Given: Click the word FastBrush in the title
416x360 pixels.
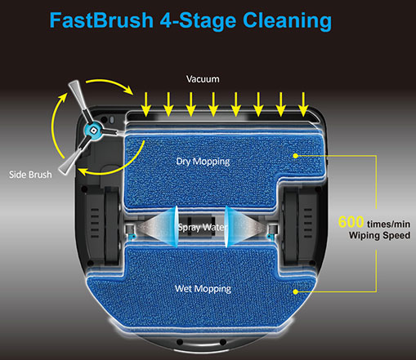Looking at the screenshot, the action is point(101,20).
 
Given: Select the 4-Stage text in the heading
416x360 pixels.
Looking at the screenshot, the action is point(198,21).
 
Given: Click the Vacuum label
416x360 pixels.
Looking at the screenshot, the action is point(203,79).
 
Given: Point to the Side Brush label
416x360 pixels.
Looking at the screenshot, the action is point(30,175).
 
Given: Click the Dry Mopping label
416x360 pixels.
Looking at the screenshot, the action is point(203,162).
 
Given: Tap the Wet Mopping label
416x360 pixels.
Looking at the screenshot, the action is point(203,289).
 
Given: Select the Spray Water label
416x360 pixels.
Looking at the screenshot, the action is point(202,227).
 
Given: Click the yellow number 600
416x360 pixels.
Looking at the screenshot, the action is point(351,222).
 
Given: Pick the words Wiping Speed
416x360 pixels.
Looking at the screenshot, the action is point(379,235).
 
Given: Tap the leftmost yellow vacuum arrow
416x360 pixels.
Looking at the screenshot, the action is point(146,104).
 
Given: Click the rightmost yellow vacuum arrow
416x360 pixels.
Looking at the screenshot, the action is point(303,104).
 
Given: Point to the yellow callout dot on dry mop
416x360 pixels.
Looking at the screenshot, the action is point(296,156).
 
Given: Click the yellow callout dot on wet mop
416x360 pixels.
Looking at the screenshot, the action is point(296,291).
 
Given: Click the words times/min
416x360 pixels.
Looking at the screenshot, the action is point(388,224).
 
